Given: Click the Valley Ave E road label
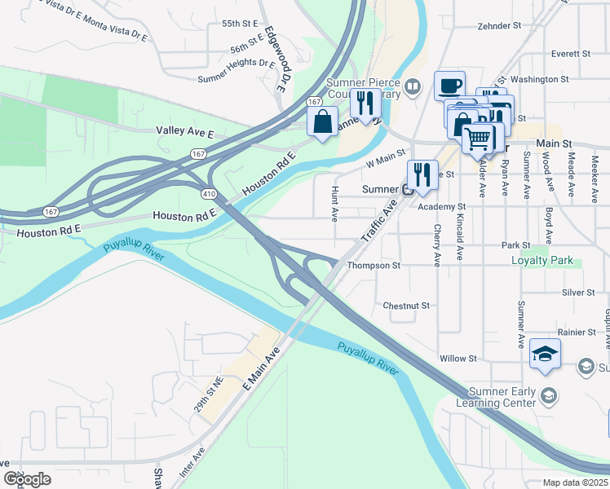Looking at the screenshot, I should (x=184, y=131).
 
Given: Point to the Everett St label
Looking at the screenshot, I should (x=570, y=54).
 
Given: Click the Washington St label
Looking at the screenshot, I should (x=539, y=79).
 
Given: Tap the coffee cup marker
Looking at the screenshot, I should (x=449, y=86).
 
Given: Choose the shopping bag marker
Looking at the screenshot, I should (x=323, y=121).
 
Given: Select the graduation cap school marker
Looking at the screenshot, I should (x=545, y=354).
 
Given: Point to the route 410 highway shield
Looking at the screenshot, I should (x=210, y=193).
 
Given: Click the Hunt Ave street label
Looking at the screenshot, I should (x=334, y=202).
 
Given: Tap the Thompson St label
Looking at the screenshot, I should (x=374, y=266).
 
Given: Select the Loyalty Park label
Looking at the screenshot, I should (x=541, y=262).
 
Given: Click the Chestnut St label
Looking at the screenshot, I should (x=406, y=306).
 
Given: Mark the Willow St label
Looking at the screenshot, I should (x=457, y=359).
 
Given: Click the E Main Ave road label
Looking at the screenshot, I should (x=260, y=368).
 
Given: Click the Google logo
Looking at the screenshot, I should (x=27, y=479).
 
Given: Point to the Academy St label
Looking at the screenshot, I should (x=441, y=208).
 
